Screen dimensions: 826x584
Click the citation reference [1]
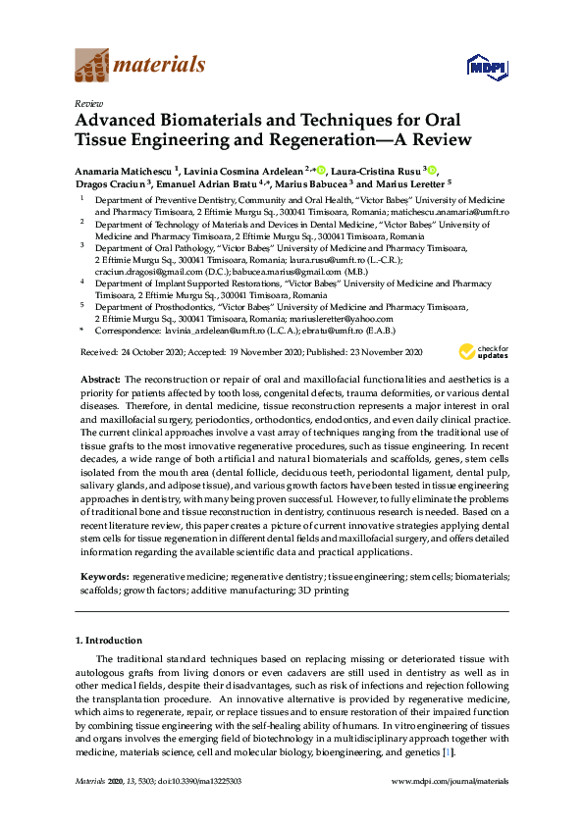coord(449,751)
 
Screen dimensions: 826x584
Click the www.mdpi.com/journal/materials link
coord(450,781)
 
